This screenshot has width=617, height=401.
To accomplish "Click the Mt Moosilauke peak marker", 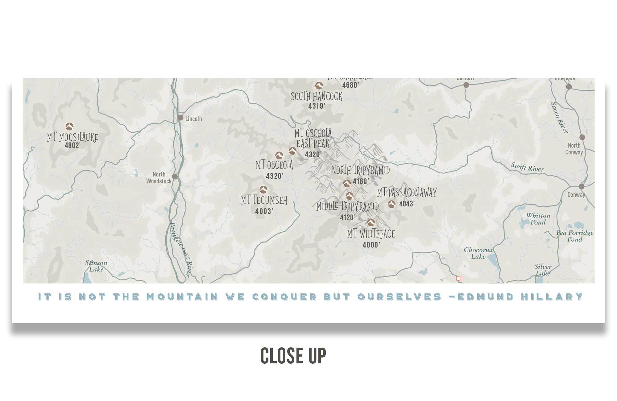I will pos(69,126).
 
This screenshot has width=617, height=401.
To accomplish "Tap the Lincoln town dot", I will pos(180,118).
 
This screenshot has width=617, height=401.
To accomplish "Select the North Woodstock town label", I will pos(159,178).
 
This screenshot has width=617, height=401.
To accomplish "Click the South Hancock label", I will pos(317,97).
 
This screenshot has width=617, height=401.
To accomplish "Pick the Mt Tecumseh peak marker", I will pos(263,189).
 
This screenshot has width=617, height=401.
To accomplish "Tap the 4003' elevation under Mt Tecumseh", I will pos(264,211).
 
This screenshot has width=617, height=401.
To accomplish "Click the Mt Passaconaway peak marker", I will pos(391,204).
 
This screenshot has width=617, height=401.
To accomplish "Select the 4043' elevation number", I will pos(407,204).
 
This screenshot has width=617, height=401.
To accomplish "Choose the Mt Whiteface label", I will pos(371,234).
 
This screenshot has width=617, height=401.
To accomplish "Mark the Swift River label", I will pos(527,167).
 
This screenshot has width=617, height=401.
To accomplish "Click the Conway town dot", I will pos(582,187).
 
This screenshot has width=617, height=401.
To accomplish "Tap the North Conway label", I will pos(574,149).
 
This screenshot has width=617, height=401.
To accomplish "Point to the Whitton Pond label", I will pos(538,219).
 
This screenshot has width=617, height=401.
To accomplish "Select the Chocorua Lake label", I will pos(478,253).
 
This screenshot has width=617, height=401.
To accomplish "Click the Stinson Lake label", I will pos(96,266).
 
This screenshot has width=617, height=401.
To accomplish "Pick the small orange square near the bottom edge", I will pos(458,279).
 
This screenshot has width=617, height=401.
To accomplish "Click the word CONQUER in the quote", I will pos(284,297).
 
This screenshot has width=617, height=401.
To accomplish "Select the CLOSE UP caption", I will pos(293,356).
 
